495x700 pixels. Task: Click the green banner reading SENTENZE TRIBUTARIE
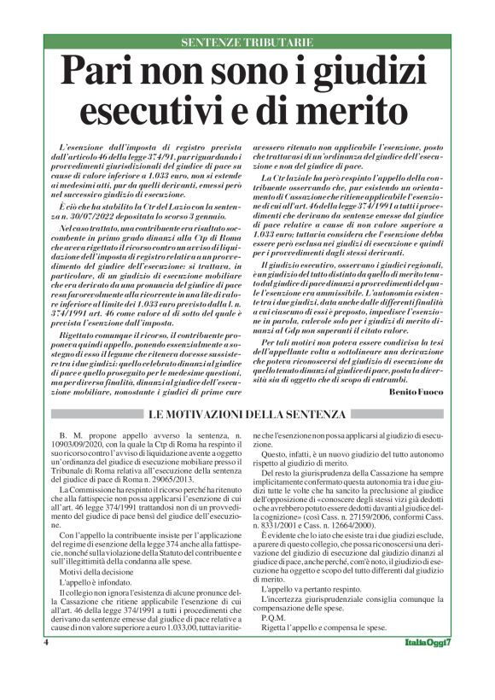point(247,42)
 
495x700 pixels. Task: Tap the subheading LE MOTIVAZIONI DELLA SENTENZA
point(247,415)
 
